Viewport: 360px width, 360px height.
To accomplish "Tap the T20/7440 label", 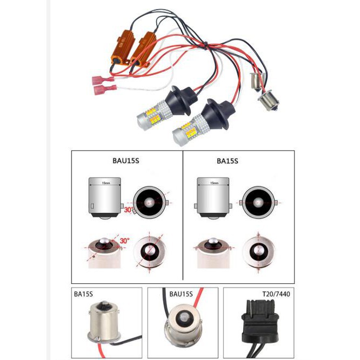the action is pos(275,295).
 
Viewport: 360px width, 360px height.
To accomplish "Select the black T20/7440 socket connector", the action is pos(258,319).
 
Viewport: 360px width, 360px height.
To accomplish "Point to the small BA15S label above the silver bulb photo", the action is pos(83,295).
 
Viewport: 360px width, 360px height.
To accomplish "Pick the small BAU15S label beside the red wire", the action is pos(181,295).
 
